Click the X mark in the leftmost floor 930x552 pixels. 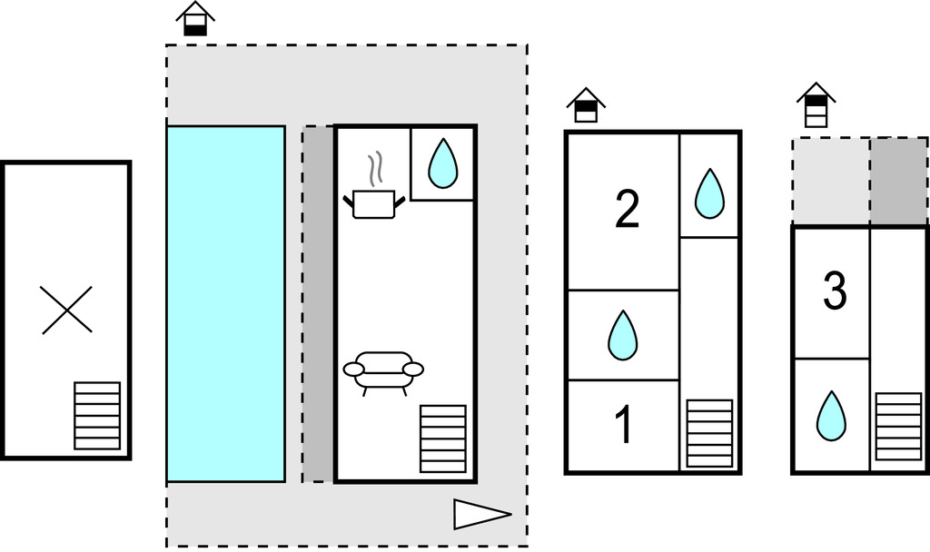point(67,310)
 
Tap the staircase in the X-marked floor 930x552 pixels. point(97,415)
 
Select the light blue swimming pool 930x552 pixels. point(225,303)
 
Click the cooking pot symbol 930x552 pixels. point(373,203)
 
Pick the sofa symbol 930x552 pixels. point(383,370)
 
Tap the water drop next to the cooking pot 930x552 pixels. point(442,163)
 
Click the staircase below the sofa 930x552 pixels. point(443,439)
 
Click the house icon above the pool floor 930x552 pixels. point(195,19)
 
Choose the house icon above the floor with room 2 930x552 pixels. point(586,105)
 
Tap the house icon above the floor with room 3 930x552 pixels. point(816,105)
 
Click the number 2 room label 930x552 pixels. point(627,209)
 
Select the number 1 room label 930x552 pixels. point(624,426)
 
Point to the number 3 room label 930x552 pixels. point(835,291)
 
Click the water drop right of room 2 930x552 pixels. point(709,193)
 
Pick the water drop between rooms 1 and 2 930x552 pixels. point(622,335)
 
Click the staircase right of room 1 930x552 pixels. point(709,433)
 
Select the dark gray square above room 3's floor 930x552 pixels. point(898,180)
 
